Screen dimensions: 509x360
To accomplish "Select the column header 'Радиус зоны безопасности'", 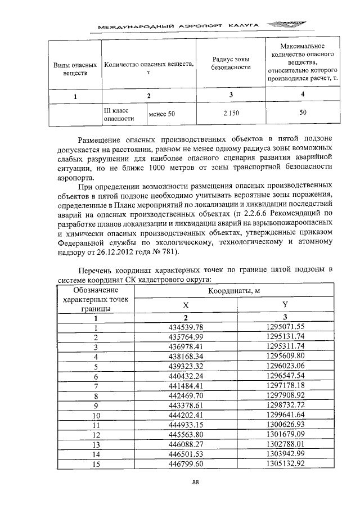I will (230, 63).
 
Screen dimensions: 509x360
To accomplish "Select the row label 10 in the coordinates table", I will (96, 415).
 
